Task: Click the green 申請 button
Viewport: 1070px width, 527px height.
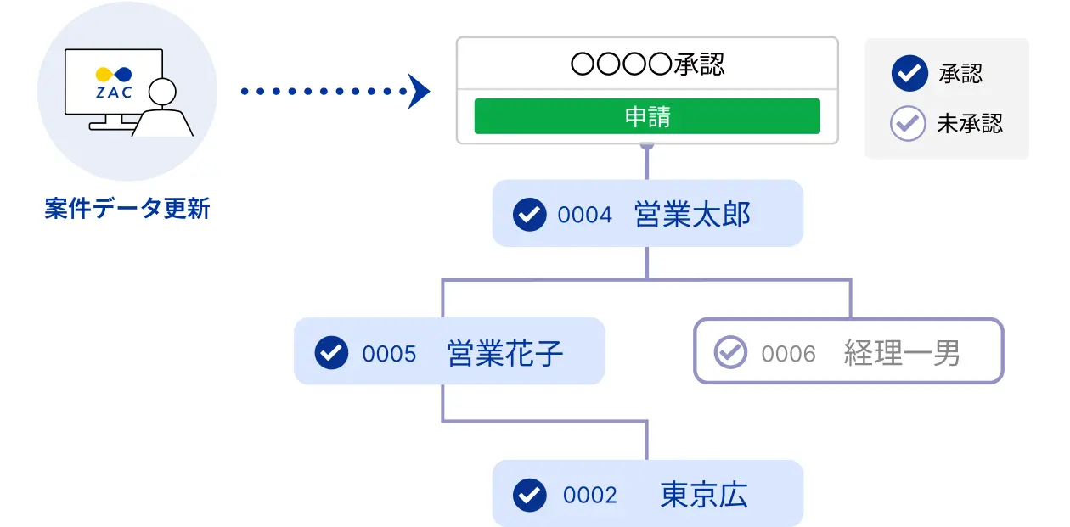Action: click(647, 116)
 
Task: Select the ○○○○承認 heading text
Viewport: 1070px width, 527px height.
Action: click(648, 64)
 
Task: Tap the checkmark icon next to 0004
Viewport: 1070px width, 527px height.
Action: click(529, 215)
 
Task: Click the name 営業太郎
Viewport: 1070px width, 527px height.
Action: click(692, 215)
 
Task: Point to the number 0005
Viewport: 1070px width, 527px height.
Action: click(389, 354)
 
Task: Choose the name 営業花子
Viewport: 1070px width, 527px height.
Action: click(505, 353)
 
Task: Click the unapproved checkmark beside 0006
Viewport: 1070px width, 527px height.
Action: click(730, 352)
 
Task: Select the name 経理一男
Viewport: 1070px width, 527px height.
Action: click(902, 353)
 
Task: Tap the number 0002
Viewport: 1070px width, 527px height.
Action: click(590, 495)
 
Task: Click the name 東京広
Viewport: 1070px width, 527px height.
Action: click(704, 495)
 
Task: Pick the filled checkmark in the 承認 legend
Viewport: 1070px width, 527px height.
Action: click(909, 73)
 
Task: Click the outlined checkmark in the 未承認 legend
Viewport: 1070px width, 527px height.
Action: click(908, 123)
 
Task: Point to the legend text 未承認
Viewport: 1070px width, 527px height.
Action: click(969, 124)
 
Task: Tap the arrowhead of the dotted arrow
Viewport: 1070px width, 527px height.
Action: click(419, 91)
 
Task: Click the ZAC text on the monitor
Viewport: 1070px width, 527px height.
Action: click(114, 93)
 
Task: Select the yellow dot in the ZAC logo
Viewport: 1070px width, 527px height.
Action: click(104, 75)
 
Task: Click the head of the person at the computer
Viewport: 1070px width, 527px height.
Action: click(162, 92)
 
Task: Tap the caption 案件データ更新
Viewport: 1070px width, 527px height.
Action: click(127, 209)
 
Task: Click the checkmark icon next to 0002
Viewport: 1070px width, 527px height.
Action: click(529, 495)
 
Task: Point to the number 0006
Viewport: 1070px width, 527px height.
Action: click(788, 354)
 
